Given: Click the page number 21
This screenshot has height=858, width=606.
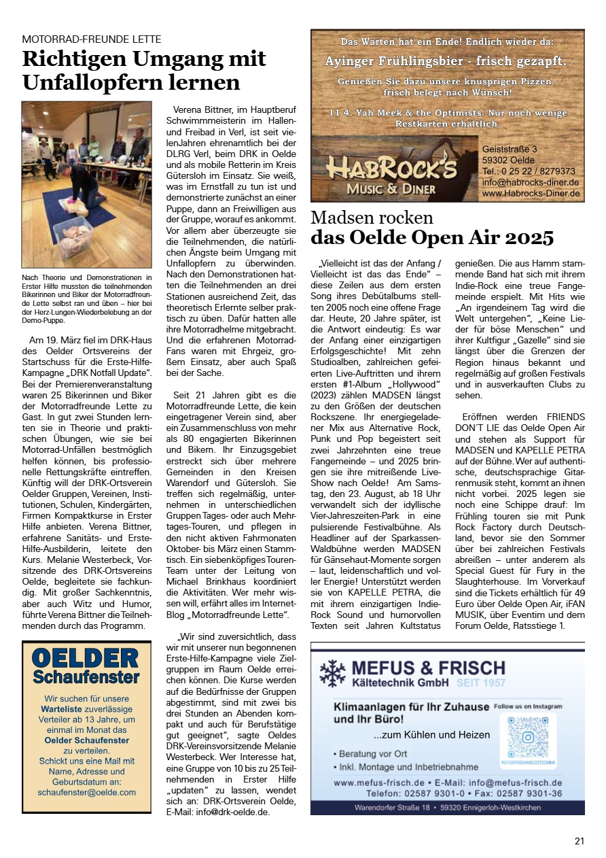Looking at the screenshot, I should pos(579,841).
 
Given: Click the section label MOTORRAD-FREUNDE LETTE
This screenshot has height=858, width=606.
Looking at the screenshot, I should pos(92,39).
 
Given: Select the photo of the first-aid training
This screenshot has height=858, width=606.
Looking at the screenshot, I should pos(86,186).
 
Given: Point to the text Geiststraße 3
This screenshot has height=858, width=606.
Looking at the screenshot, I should pos(510,149).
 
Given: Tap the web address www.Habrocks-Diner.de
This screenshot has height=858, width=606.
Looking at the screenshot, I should pos(531,194).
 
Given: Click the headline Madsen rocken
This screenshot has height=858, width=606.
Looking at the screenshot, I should pos(372,218).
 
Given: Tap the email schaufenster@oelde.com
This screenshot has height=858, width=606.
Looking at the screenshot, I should pos(87,792).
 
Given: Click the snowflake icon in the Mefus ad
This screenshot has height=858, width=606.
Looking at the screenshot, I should pos(333,673).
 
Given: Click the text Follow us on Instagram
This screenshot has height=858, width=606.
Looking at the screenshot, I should pos(528,706).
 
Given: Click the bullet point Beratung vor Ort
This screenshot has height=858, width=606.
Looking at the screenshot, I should pos(371,754).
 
